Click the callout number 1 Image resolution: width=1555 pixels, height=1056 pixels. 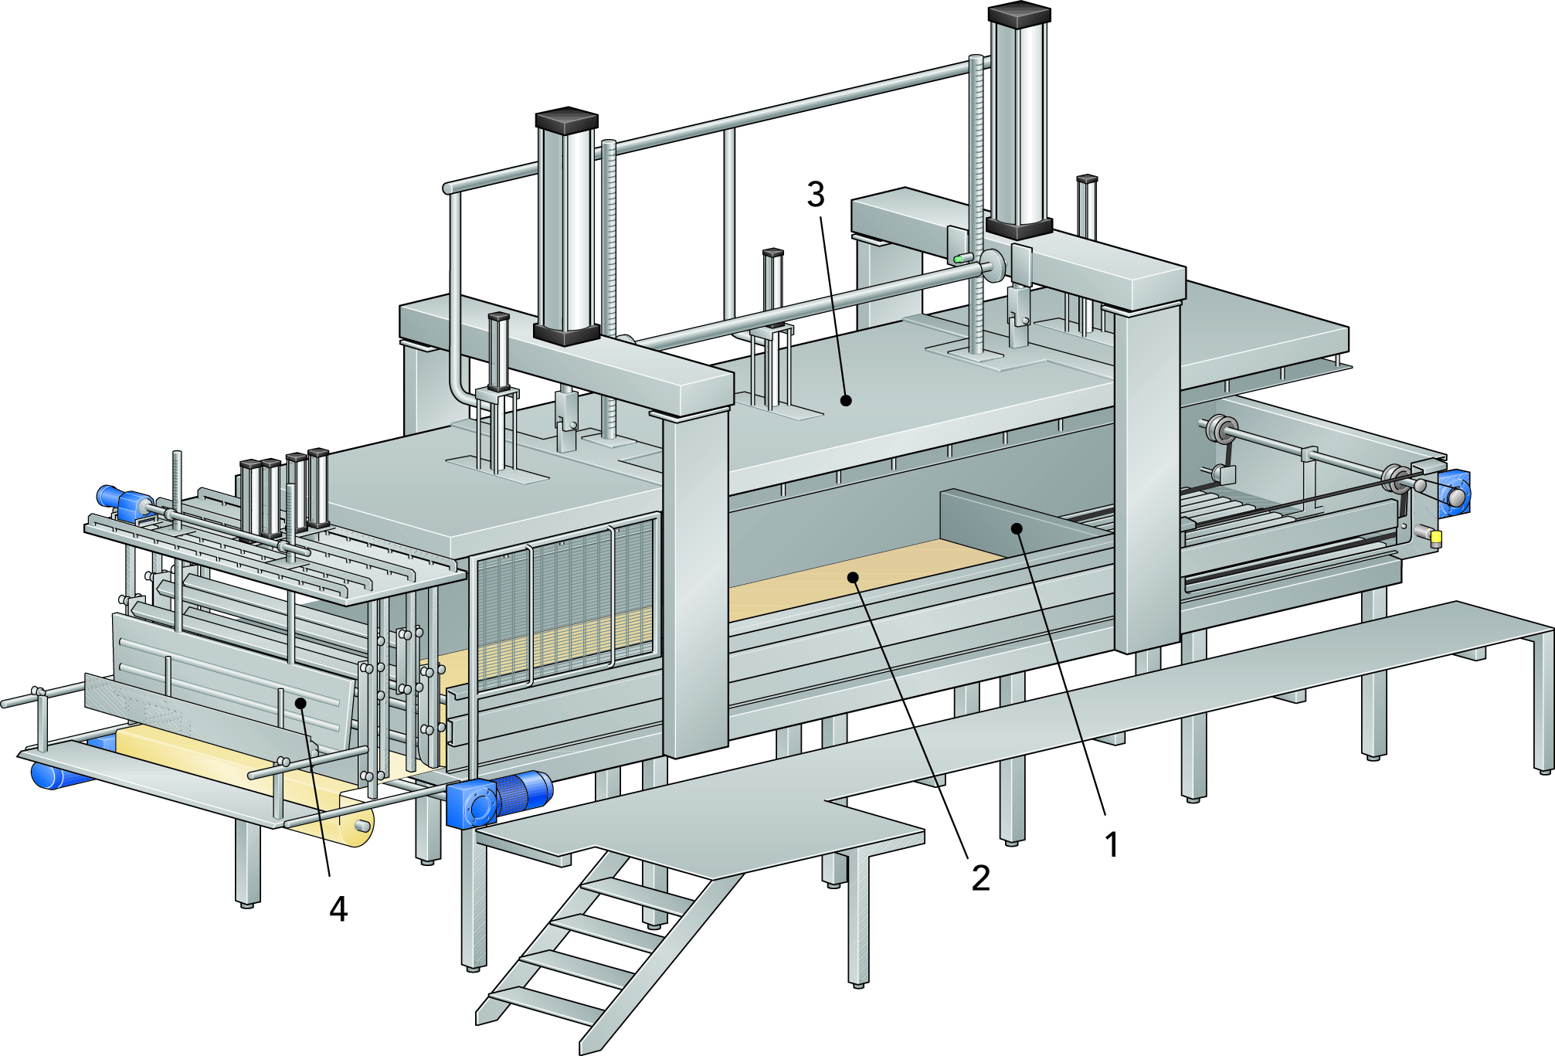(x=1112, y=844)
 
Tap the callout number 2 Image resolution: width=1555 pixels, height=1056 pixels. (x=980, y=878)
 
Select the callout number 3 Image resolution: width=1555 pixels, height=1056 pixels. (x=816, y=194)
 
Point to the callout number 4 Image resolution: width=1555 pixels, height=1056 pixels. (x=338, y=909)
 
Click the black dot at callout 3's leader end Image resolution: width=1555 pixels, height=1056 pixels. (x=846, y=400)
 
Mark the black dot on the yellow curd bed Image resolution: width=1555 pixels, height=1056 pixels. (x=853, y=577)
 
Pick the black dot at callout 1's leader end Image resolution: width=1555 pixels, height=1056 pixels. (x=1017, y=528)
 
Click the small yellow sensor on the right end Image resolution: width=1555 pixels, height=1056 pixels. (x=1436, y=538)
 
